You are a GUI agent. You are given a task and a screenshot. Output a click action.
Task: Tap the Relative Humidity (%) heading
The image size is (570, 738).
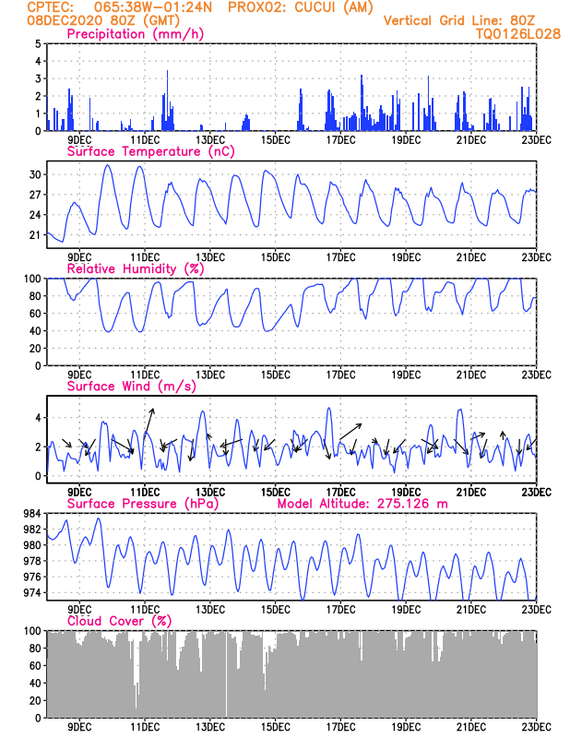click(x=135, y=268)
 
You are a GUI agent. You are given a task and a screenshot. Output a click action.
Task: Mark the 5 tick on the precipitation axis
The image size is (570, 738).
click(x=38, y=43)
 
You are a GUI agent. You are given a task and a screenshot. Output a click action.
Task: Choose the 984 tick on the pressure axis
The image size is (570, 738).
click(x=30, y=514)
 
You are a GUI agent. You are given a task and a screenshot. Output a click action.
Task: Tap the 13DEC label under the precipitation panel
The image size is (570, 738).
click(x=210, y=139)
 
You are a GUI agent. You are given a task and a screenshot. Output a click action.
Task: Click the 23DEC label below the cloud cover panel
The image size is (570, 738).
click(x=536, y=727)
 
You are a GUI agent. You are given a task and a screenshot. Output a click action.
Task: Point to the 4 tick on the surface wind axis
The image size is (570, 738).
click(x=38, y=417)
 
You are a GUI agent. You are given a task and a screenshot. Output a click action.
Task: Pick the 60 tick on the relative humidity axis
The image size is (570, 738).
click(x=34, y=313)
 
